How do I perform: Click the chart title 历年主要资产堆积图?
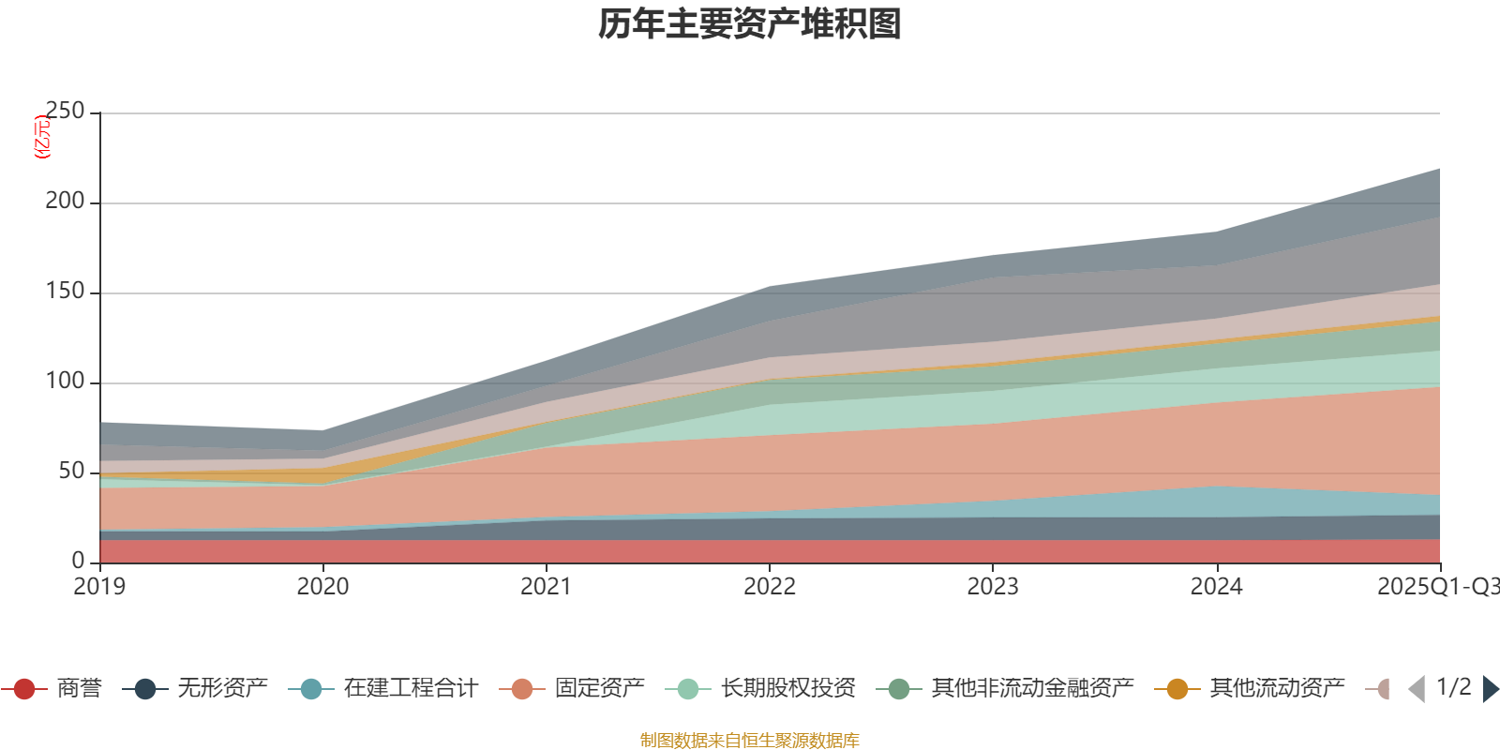[x=750, y=24]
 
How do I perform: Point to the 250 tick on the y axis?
[x=65, y=112]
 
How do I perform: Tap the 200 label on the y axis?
[x=65, y=202]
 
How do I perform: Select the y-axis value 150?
[x=65, y=292]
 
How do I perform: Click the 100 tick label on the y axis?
[x=65, y=382]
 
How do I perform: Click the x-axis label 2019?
[x=99, y=587]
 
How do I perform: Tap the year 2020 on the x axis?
[x=322, y=587]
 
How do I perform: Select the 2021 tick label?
[x=546, y=587]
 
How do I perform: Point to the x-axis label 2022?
[x=769, y=587]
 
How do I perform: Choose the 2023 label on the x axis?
[x=992, y=587]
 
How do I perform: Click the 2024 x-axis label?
[x=1216, y=587]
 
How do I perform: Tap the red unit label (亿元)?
[x=42, y=137]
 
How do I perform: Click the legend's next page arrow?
[x=1490, y=689]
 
